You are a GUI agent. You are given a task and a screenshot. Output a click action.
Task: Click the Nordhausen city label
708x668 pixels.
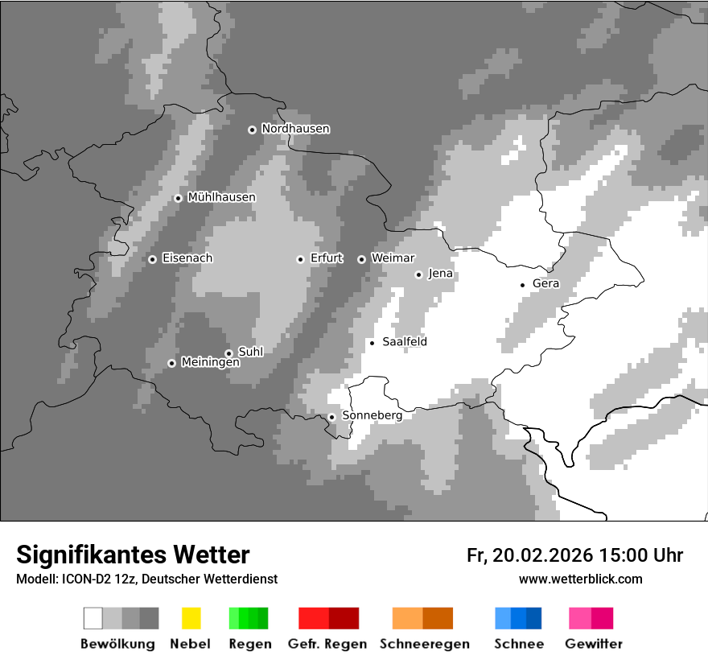[x=295, y=129]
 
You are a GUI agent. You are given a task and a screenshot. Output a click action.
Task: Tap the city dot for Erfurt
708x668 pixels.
[x=300, y=259]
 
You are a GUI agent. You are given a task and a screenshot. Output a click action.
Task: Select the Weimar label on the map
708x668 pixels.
[x=393, y=258]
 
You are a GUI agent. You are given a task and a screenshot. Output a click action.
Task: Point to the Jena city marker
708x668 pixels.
[x=418, y=274]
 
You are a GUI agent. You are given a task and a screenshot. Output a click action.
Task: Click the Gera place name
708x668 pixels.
[x=545, y=283]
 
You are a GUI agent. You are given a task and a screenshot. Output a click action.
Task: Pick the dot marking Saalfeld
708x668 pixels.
[x=372, y=343]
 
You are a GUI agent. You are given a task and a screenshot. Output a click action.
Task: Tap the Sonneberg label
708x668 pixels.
[x=372, y=415]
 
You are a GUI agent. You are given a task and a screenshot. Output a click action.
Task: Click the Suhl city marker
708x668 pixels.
[x=228, y=353]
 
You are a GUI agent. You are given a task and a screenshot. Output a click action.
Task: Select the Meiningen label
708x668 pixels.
[x=210, y=362]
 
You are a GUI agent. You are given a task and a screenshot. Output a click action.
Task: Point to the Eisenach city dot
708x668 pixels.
[x=152, y=259]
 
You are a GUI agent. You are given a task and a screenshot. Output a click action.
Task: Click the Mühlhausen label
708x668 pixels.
[x=221, y=197]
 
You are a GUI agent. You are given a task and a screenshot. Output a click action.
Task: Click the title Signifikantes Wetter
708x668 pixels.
[x=133, y=555]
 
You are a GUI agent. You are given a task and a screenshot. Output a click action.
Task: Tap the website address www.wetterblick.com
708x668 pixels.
[x=580, y=579]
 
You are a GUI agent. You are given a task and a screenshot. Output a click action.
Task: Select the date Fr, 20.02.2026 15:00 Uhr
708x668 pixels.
[x=574, y=555]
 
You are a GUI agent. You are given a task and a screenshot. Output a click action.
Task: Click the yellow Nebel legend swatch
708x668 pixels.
[x=191, y=618]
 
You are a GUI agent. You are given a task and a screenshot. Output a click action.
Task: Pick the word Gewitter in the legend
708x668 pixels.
[x=594, y=644]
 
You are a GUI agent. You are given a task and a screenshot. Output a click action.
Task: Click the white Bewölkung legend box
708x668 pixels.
[x=93, y=618]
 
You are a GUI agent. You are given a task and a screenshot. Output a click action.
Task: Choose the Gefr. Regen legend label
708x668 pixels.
[x=327, y=644]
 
